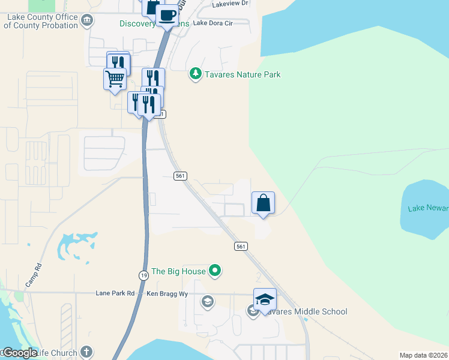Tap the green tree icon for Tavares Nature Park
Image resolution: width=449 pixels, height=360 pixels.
click(195, 74)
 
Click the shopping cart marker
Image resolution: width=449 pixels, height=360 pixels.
click(115, 79)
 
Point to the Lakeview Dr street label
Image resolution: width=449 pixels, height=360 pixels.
click(230, 4)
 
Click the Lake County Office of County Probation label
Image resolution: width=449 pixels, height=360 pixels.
click(42, 22)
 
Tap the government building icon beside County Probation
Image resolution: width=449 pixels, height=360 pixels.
click(88, 22)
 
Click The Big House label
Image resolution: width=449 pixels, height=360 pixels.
click(178, 272)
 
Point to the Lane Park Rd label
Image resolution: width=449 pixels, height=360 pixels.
click(115, 293)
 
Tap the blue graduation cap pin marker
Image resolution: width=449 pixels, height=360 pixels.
click(265, 299)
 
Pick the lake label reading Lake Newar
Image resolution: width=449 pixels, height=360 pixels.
click(428, 208)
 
